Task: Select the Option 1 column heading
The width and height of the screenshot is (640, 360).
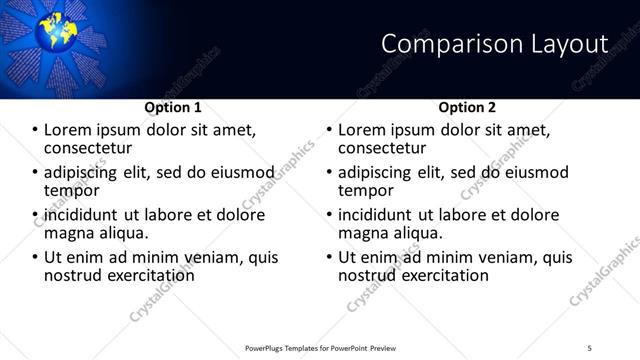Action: pos(173,107)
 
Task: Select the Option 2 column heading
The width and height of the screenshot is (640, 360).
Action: pos(467,107)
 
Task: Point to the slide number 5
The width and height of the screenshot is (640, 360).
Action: pos(590,347)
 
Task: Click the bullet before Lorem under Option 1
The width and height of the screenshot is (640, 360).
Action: pos(34,130)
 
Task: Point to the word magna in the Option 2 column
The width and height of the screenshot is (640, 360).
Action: pos(363,233)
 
